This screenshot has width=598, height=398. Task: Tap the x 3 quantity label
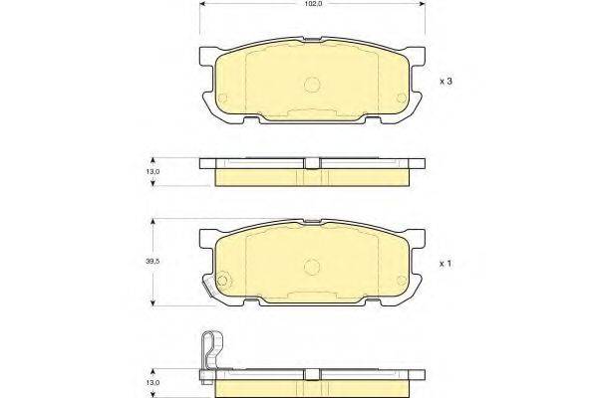[x=448, y=81]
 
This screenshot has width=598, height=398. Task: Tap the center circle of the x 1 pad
[x=311, y=267]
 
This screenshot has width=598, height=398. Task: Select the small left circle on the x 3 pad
[x=223, y=99]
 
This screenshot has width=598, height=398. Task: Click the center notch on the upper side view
[x=311, y=164]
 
